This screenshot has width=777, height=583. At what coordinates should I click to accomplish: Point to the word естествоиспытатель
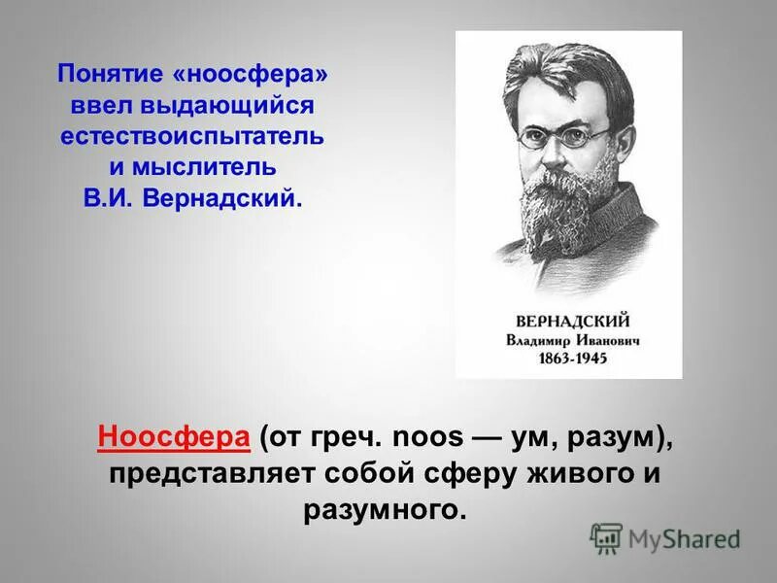[192, 136]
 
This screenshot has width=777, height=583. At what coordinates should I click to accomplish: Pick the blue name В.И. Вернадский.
[192, 198]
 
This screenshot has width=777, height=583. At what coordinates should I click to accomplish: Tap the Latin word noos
[428, 438]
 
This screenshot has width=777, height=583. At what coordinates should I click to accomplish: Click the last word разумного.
[386, 510]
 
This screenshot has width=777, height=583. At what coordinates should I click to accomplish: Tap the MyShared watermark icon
[606, 537]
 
